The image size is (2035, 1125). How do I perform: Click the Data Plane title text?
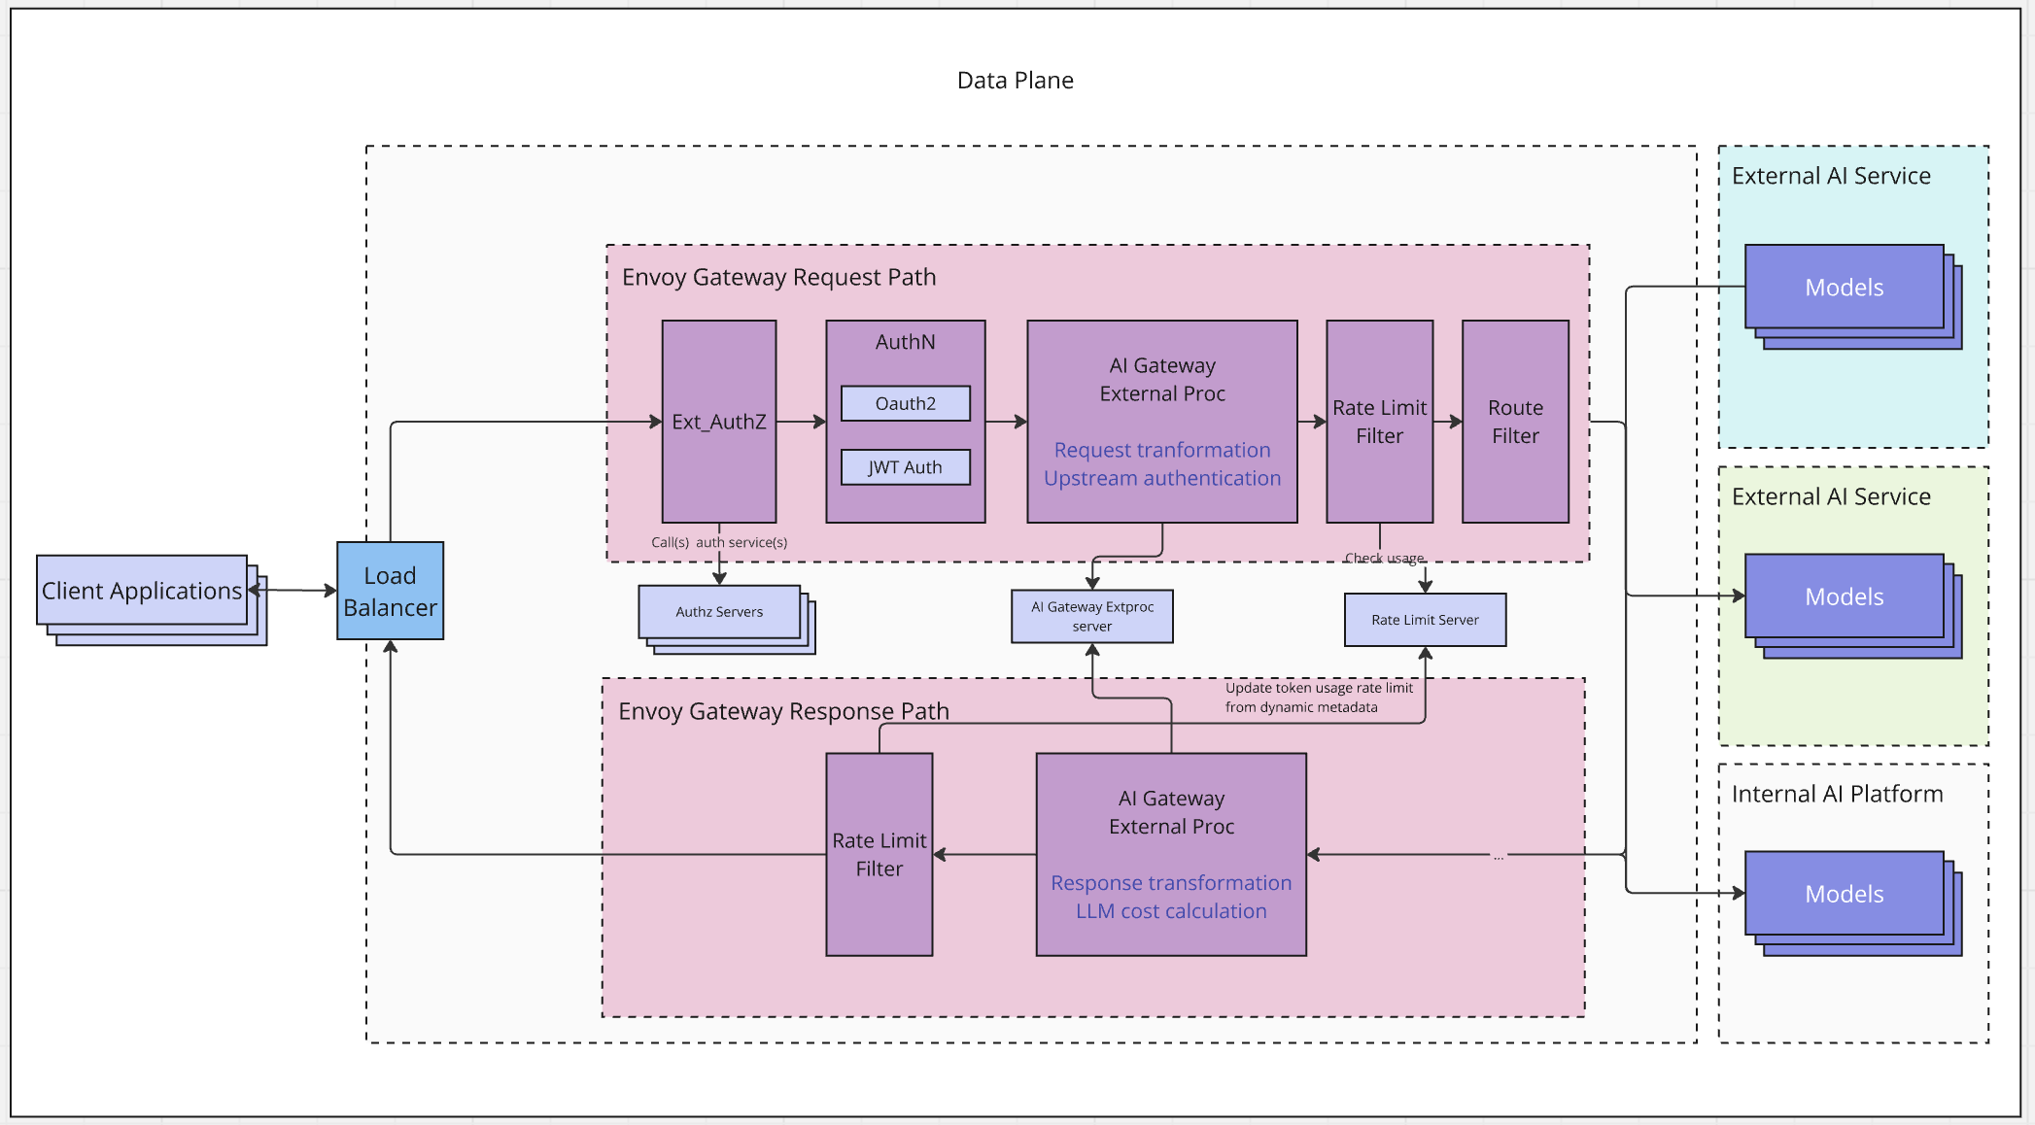[1015, 81]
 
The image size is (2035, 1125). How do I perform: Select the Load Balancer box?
[390, 591]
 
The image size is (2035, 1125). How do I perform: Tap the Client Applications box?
[142, 591]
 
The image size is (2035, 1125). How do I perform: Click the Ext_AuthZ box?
[718, 422]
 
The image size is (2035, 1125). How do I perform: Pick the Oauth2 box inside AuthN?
[905, 403]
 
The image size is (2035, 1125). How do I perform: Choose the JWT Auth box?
[905, 467]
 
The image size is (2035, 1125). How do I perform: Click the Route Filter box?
[1514, 422]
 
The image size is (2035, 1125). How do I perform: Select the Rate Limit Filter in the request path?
[1379, 422]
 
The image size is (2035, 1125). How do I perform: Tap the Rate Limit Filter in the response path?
[879, 855]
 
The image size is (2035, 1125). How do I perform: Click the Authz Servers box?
[719, 612]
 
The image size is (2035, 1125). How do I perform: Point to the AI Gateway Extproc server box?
[1091, 617]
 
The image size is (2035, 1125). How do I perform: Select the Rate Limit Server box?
[1425, 620]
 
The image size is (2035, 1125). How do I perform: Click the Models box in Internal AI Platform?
[1844, 894]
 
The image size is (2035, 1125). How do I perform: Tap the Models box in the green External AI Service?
[1844, 597]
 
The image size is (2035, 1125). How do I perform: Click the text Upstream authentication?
[1161, 478]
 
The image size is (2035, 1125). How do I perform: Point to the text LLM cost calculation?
[1170, 911]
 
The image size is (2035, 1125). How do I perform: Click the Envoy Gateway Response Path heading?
[783, 711]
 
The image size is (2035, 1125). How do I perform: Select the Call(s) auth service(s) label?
[719, 543]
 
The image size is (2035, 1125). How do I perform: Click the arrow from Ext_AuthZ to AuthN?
[801, 422]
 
